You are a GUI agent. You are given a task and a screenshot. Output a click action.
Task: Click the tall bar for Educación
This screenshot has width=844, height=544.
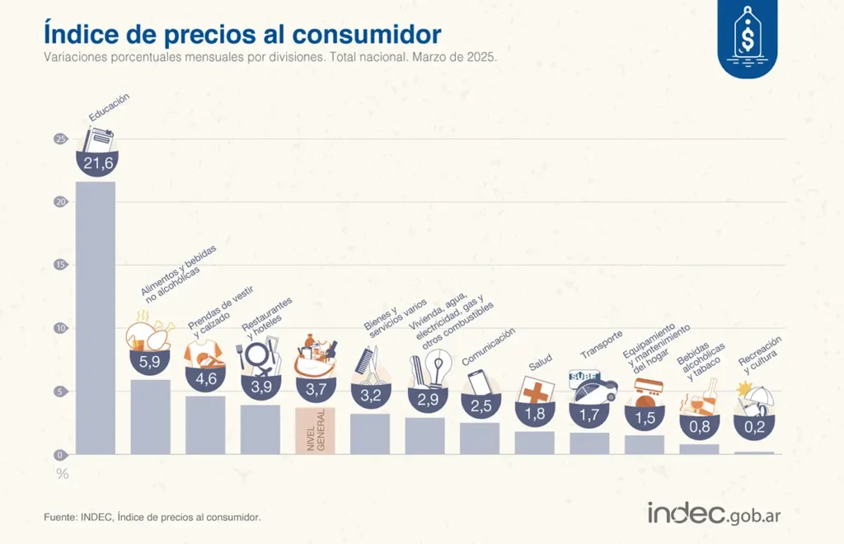pyautogui.click(x=96, y=317)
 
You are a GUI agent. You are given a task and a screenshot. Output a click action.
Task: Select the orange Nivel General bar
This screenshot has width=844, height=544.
pyautogui.click(x=315, y=430)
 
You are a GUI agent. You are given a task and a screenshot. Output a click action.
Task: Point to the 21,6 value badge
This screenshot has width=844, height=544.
pyautogui.click(x=97, y=163)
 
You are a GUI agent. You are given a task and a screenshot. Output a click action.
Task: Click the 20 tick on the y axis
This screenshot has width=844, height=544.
pyautogui.click(x=59, y=202)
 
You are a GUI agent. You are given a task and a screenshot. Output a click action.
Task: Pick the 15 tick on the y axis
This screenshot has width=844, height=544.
pyautogui.click(x=59, y=265)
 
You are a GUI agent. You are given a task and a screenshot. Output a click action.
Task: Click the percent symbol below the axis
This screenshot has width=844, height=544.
pyautogui.click(x=62, y=474)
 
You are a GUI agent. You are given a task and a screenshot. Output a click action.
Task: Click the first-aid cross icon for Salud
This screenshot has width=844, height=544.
pyautogui.click(x=537, y=389)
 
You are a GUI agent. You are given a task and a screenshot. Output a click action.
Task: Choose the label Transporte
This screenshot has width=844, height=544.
pyautogui.click(x=602, y=344)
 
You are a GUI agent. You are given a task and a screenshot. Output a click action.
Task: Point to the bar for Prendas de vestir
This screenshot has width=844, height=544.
pyautogui.click(x=204, y=424)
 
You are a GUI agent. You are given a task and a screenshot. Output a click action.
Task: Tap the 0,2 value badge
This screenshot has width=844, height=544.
pyautogui.click(x=753, y=427)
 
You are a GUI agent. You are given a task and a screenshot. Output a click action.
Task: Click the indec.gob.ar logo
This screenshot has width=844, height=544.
pyautogui.click(x=713, y=513)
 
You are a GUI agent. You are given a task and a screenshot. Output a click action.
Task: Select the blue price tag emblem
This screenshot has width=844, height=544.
pyautogui.click(x=747, y=36)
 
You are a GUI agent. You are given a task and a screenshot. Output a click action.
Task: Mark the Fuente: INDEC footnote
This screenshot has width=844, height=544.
pyautogui.click(x=152, y=517)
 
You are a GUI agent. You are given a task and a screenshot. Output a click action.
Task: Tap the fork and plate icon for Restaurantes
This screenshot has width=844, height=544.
pyautogui.click(x=258, y=356)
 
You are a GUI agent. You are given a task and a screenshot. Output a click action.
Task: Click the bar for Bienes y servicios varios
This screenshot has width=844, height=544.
pyautogui.click(x=369, y=434)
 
